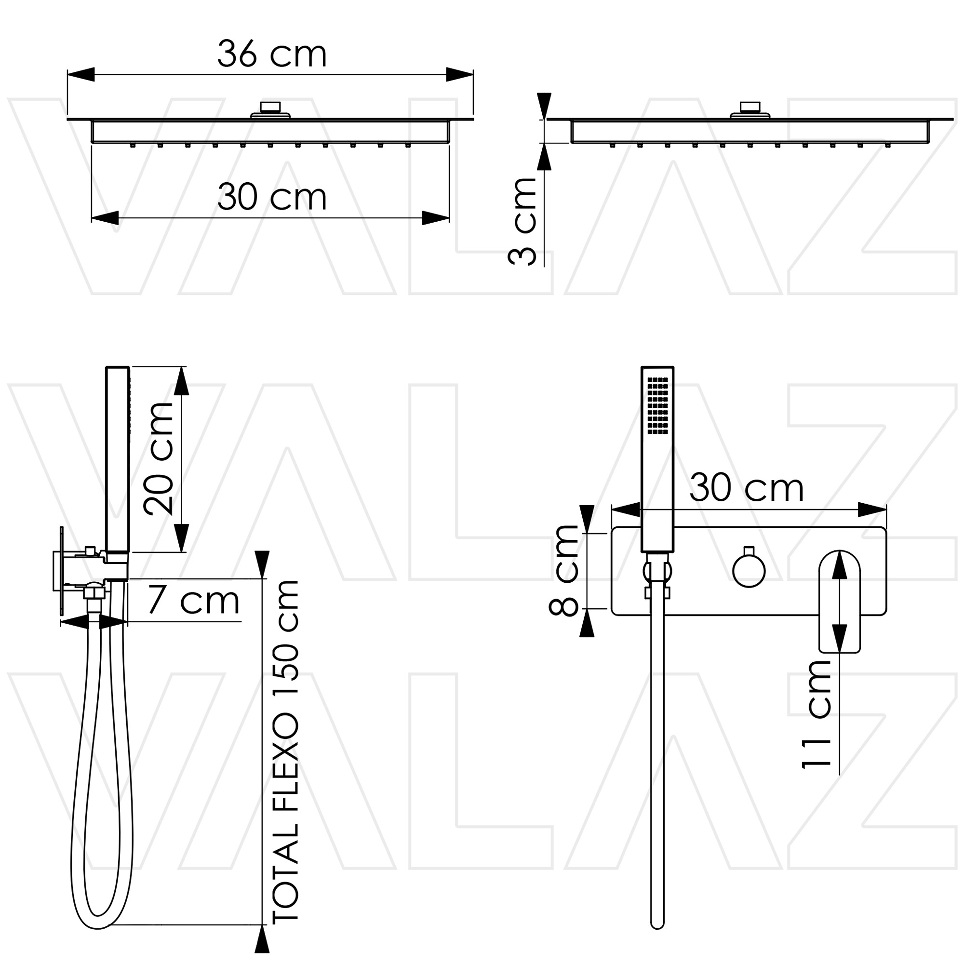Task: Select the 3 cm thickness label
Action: tap(522, 221)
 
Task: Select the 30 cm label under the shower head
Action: tap(272, 197)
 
